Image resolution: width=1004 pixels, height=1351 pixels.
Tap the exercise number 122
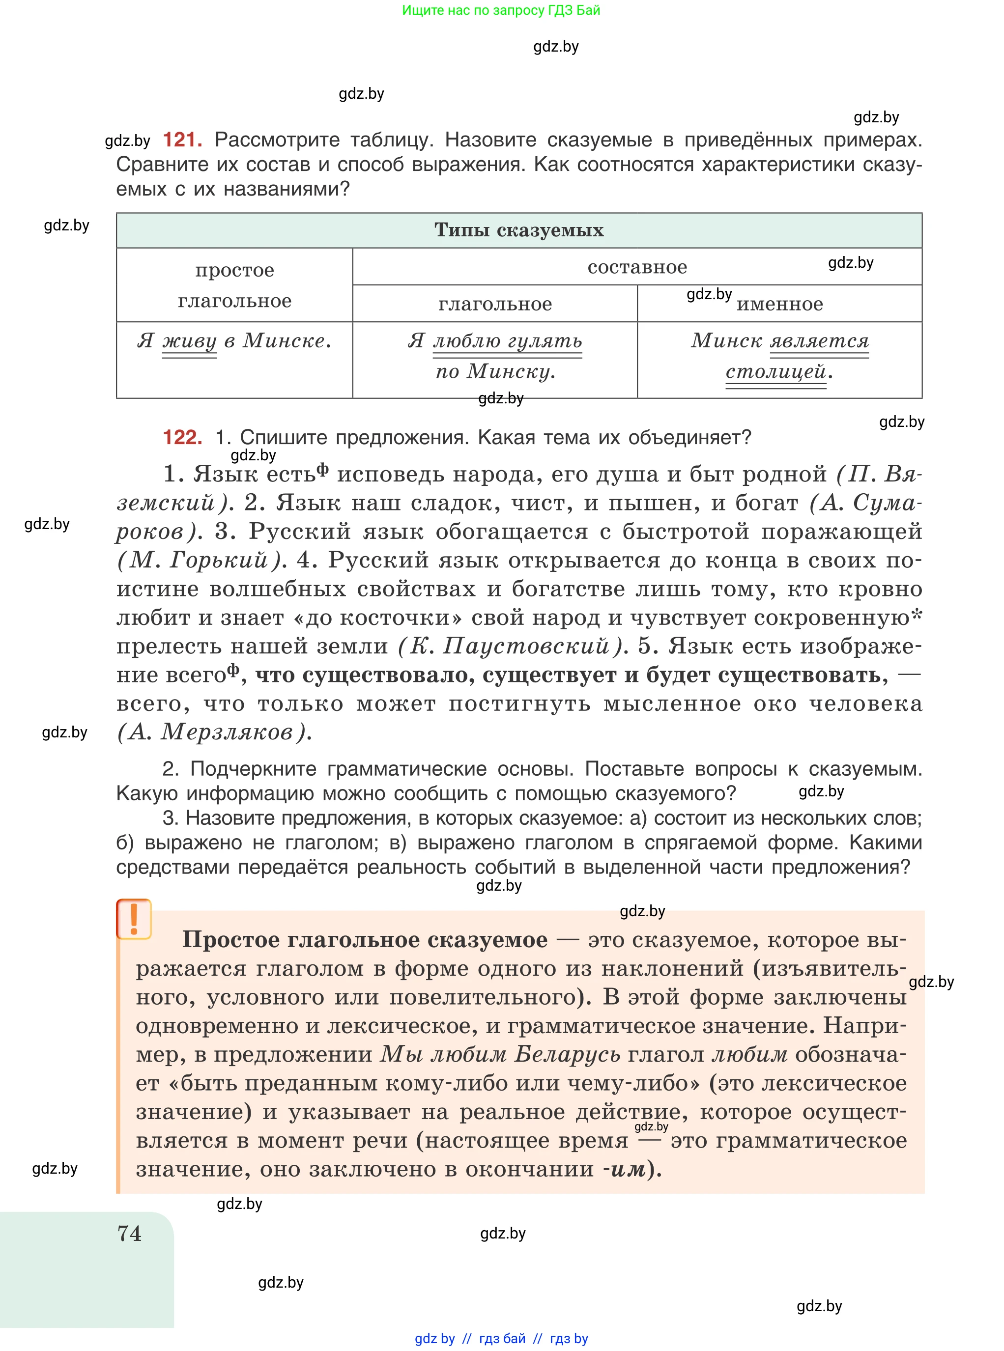point(182,437)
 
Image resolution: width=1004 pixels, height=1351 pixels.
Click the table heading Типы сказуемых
point(518,230)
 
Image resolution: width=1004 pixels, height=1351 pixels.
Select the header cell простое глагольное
point(234,285)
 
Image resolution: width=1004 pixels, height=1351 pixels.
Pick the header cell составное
point(636,267)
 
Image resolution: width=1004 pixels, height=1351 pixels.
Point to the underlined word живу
point(189,341)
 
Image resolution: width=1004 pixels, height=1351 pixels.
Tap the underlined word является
point(819,341)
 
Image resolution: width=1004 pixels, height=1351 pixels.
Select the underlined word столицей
point(775,371)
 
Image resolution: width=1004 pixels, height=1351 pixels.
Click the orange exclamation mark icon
point(134,919)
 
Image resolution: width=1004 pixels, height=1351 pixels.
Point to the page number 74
point(129,1233)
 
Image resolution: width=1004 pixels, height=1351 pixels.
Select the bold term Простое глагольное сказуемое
point(365,940)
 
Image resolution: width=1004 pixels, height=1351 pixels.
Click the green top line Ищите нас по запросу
point(501,10)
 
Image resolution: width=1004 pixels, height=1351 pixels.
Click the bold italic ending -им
point(626,1169)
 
